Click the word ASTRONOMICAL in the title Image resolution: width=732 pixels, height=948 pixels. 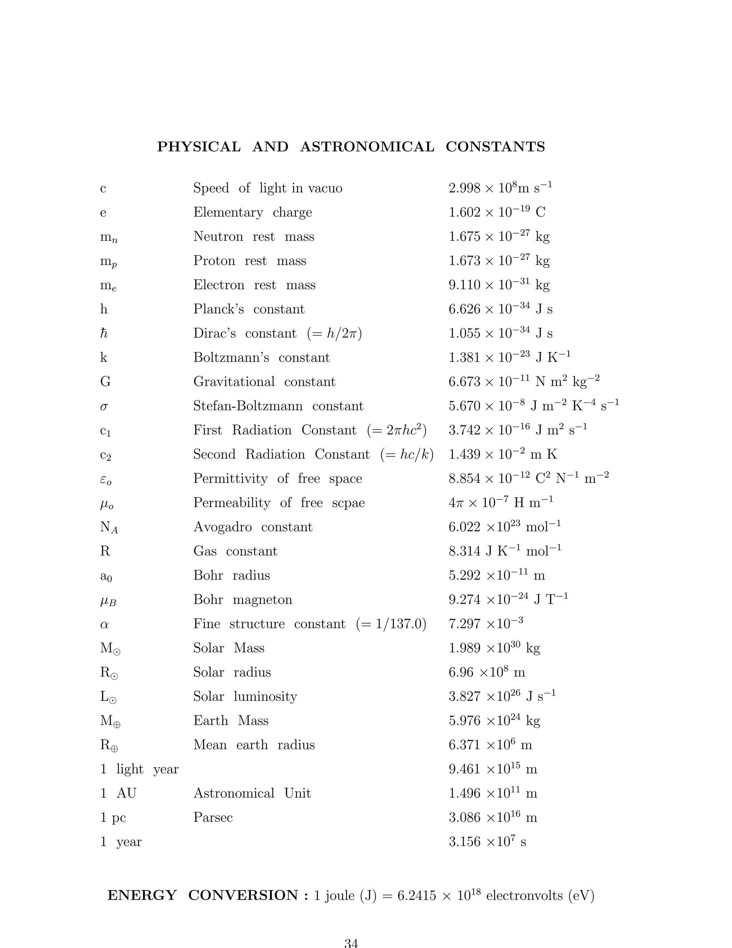(367, 147)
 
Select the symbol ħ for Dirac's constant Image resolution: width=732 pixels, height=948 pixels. (104, 333)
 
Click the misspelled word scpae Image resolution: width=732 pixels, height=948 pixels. (348, 503)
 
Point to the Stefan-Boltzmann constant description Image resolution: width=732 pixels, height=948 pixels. (278, 406)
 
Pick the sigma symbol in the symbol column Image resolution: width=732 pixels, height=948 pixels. (104, 407)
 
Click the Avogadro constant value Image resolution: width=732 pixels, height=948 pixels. (504, 527)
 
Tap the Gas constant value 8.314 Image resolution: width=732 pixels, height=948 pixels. (464, 551)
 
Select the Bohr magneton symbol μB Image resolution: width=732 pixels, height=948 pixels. (108, 601)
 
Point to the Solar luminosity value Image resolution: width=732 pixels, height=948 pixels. (502, 696)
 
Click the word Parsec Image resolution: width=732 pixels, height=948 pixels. (213, 817)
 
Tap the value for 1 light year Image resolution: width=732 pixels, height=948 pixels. (493, 769)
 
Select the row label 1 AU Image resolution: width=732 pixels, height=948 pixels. (118, 793)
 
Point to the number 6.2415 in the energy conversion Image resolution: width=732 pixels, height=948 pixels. (417, 896)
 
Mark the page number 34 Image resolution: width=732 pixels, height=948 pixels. (351, 943)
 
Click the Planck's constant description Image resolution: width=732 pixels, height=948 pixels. (248, 309)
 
